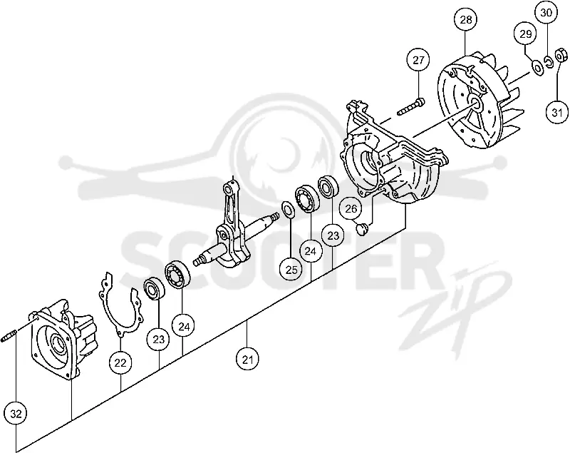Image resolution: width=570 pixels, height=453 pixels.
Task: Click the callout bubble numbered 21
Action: pyautogui.click(x=247, y=360)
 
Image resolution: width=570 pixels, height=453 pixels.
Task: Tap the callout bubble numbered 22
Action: pyautogui.click(x=120, y=363)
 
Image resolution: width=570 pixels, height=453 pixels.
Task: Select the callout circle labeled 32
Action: pyautogui.click(x=16, y=414)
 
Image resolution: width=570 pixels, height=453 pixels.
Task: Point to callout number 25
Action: pyautogui.click(x=291, y=270)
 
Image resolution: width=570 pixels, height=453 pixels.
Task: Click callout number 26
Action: pyautogui.click(x=351, y=209)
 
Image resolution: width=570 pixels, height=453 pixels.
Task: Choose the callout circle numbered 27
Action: pyautogui.click(x=418, y=60)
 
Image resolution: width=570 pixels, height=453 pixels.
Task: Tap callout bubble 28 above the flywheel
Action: pyautogui.click(x=466, y=20)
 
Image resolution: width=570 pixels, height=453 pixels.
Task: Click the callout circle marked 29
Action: pyautogui.click(x=525, y=34)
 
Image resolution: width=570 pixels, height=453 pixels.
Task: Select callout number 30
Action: pyautogui.click(x=546, y=13)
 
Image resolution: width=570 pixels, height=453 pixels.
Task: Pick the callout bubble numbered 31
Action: pyautogui.click(x=557, y=113)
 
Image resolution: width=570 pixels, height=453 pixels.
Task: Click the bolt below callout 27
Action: pyautogui.click(x=411, y=106)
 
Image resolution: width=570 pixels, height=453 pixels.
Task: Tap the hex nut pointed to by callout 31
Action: pyautogui.click(x=561, y=56)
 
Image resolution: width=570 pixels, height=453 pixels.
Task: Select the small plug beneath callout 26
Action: pyautogui.click(x=362, y=229)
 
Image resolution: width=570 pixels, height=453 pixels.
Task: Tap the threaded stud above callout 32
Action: pyautogui.click(x=10, y=335)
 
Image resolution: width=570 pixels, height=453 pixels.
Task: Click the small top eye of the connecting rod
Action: pyautogui.click(x=228, y=189)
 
